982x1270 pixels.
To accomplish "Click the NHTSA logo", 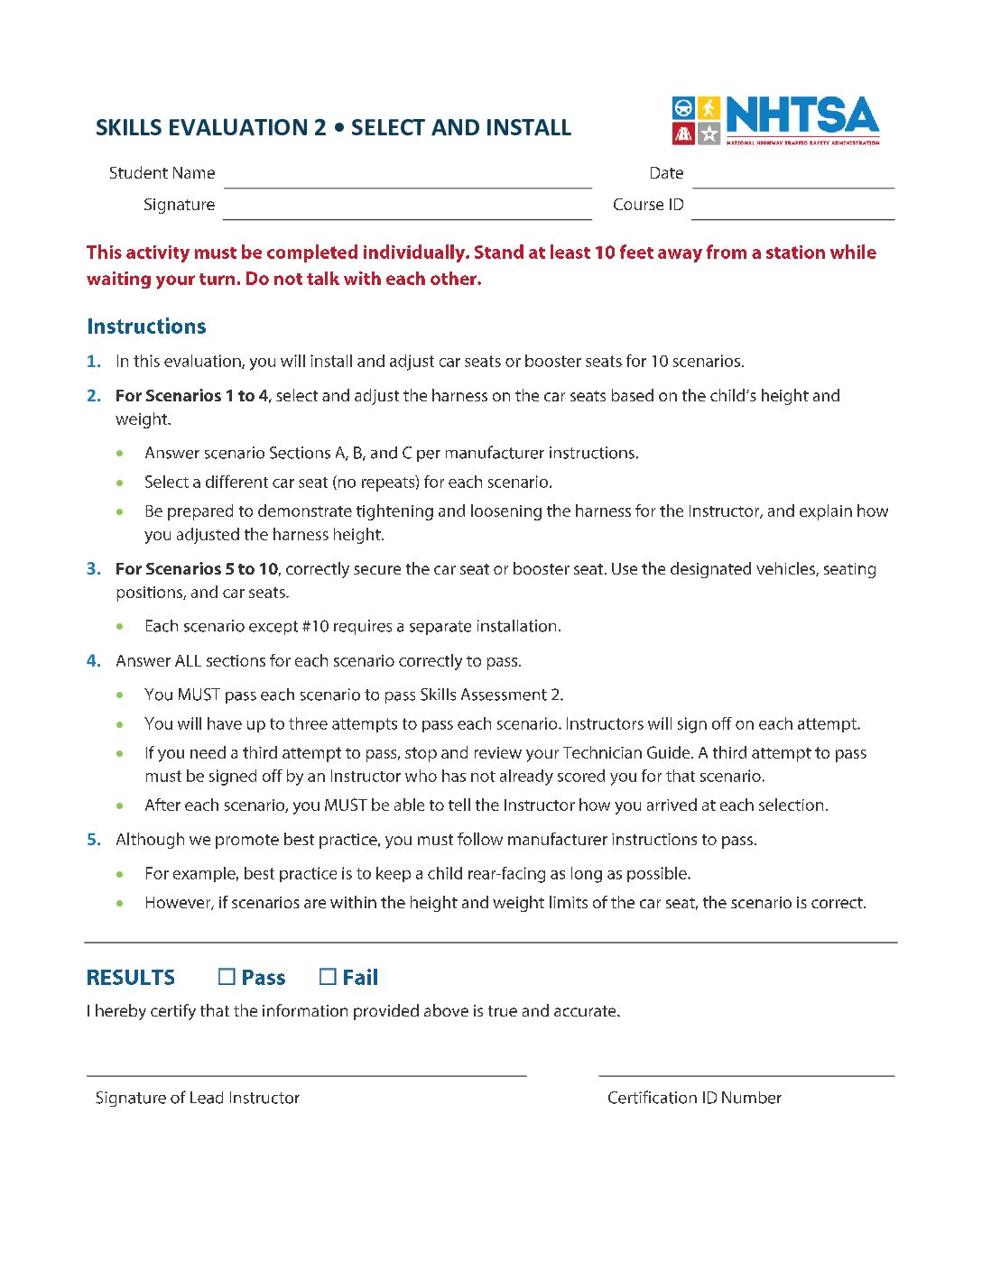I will pos(775,121).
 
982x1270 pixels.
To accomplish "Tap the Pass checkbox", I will pos(227,977).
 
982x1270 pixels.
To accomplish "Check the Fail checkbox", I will pos(328,977).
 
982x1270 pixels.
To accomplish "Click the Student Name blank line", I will pos(407,180).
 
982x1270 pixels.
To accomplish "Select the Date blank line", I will pos(792,180).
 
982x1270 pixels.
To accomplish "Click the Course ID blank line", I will pos(792,212).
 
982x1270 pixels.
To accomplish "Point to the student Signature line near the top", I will pos(407,212).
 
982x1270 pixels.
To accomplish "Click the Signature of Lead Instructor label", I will pos(197,1098).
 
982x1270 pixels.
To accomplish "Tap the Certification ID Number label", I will pos(694,1098).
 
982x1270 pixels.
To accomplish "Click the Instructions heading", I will pos(146,327).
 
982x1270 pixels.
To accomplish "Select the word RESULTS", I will pos(131,978).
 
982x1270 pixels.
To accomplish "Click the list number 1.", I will pos(93,362).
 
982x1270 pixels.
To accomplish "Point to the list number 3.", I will pos(93,569).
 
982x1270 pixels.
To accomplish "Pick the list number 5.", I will pos(93,840).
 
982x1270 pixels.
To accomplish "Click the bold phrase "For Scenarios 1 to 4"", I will pos(191,396).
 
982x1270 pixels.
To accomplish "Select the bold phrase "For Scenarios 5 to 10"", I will pos(196,569).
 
